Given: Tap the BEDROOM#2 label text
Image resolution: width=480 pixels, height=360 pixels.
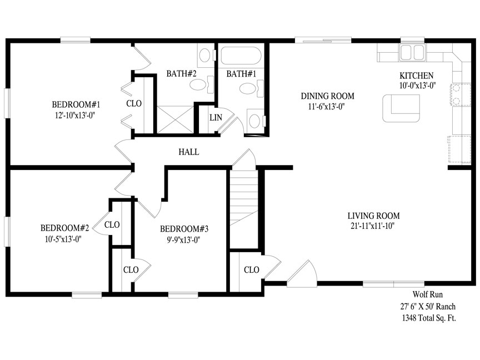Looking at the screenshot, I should pyautogui.click(x=65, y=228).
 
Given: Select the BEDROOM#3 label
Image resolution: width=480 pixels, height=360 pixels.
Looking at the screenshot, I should pyautogui.click(x=184, y=229).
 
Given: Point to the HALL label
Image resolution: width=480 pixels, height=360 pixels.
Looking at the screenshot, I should pyautogui.click(x=188, y=152).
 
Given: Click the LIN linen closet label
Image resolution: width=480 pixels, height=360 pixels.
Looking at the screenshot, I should pyautogui.click(x=216, y=117).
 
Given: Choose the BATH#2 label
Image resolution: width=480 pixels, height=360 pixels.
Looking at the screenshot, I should pyautogui.click(x=178, y=73).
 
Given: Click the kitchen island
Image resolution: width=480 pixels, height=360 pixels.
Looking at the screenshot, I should pyautogui.click(x=401, y=107).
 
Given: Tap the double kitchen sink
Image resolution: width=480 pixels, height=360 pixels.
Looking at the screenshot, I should pyautogui.click(x=412, y=53).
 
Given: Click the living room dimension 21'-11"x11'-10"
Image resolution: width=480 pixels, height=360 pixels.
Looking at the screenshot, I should pyautogui.click(x=373, y=226).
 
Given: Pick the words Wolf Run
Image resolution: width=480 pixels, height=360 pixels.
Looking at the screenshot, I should pyautogui.click(x=427, y=295).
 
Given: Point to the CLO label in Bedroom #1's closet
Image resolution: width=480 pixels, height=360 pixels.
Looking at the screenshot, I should pyautogui.click(x=134, y=103).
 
